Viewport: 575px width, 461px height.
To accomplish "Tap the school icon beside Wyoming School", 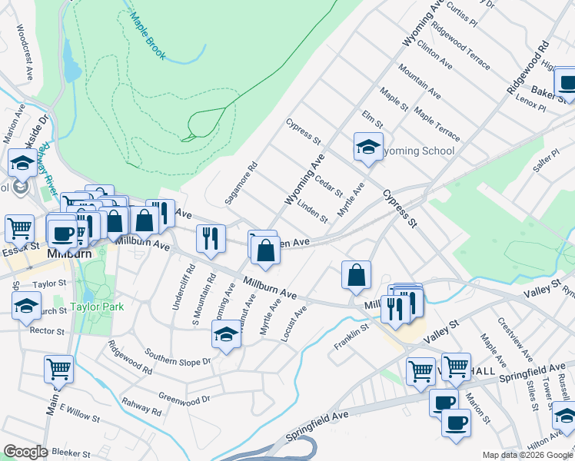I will point(368,146).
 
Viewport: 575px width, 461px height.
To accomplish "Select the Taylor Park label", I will point(92,305).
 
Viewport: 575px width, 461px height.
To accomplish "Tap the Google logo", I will point(25,451).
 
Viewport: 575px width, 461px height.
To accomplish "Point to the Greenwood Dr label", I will point(184,400).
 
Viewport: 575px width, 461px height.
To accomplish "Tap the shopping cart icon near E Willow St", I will point(58,369).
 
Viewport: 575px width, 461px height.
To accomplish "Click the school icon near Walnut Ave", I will point(226,333).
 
